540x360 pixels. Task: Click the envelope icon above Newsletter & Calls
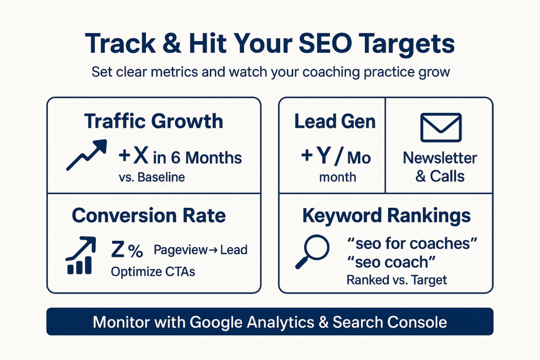click(441, 128)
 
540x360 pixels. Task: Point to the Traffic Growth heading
click(153, 121)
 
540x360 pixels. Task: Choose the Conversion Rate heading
click(149, 216)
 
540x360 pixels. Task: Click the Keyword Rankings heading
click(387, 216)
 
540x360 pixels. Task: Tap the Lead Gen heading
click(335, 121)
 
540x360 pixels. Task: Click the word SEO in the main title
click(325, 44)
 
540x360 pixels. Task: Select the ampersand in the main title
click(172, 44)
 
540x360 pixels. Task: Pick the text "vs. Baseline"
click(152, 177)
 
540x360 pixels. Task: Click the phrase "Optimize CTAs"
click(153, 272)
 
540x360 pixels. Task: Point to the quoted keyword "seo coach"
click(391, 262)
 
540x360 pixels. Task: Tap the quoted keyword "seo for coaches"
click(412, 244)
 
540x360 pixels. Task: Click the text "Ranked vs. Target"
click(397, 280)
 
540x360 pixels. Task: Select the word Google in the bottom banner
click(217, 323)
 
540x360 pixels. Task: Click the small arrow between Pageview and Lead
click(213, 250)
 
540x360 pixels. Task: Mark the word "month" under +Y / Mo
click(337, 177)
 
